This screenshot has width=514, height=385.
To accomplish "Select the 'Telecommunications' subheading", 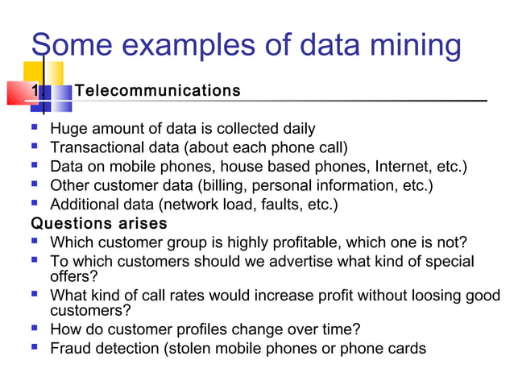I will [x=157, y=90].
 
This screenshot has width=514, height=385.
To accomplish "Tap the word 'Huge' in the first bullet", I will [x=67, y=129].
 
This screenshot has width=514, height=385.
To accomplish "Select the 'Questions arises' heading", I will [x=98, y=223].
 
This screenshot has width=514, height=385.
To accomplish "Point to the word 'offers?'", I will [x=74, y=276].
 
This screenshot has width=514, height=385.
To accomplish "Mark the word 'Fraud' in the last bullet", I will [x=69, y=349].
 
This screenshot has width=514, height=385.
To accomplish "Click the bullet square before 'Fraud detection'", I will [x=36, y=348].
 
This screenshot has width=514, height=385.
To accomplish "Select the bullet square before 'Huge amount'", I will [x=36, y=128].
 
